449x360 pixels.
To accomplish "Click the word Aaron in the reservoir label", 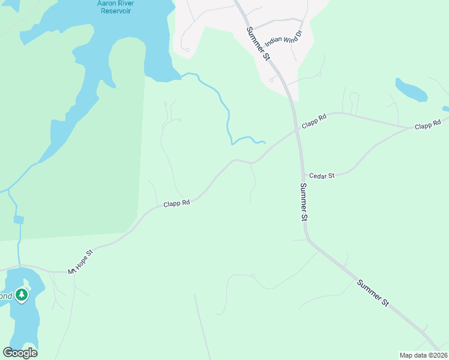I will point(107,2).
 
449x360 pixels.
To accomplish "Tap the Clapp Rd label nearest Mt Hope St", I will point(176,204).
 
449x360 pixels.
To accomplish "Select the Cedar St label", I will point(322,175).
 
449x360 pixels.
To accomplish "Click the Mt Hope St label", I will point(81,262).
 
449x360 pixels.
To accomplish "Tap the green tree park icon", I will point(22,295).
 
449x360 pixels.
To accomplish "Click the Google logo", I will point(20,353).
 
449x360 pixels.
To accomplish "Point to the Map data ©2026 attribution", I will point(423,355).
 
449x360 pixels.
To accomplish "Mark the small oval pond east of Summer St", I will point(411,90).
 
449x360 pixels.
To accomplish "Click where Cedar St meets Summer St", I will point(301,176).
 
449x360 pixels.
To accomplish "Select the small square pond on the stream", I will point(19,220).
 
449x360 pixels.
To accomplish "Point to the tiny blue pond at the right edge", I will point(446,109).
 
